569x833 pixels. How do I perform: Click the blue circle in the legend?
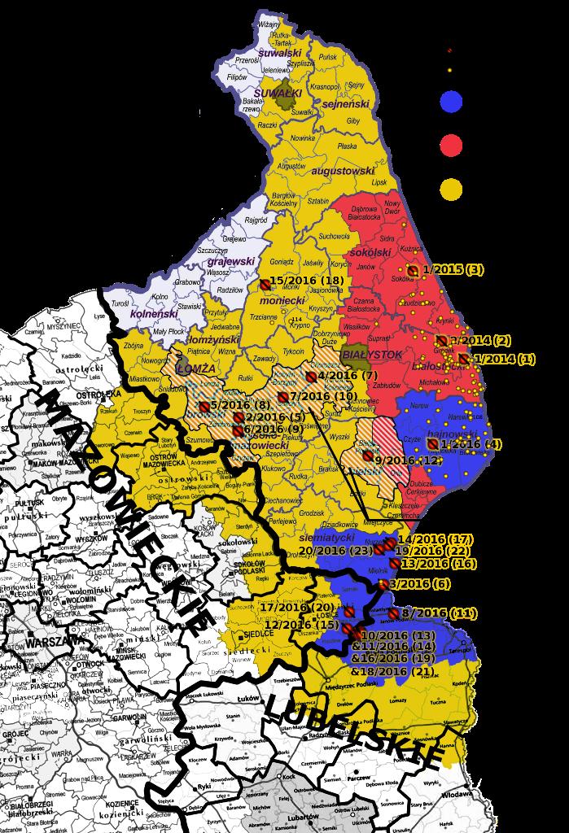pos(450,102)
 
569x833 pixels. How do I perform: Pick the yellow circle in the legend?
pos(450,190)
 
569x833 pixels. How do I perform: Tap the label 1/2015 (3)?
pos(453,269)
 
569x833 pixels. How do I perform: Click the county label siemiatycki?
pos(327,538)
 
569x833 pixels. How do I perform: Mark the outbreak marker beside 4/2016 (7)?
pos(311,377)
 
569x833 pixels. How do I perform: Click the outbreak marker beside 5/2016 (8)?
pos(204,406)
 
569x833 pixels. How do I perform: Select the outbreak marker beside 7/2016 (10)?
pos(282,397)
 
